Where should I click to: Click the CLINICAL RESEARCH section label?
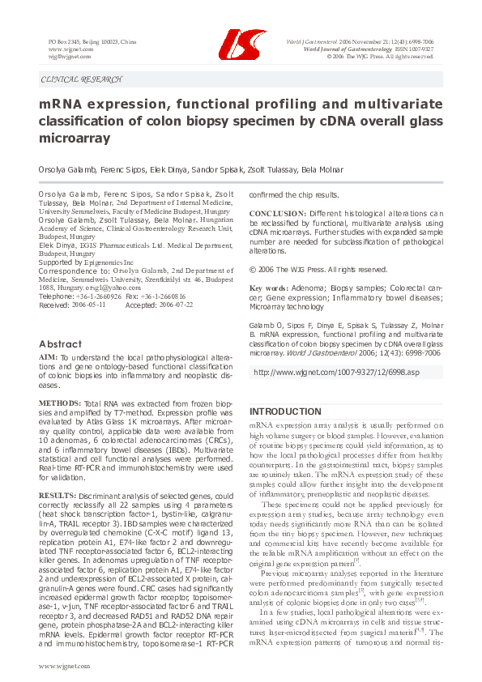point(81,79)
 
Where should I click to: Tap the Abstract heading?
point(60,343)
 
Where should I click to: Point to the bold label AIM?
point(47,358)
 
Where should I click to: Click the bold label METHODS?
point(59,403)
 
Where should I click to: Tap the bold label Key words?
point(269,288)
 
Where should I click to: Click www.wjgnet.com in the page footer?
point(59,666)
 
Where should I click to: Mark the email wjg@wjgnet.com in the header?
point(64,56)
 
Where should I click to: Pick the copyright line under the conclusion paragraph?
point(318,269)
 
